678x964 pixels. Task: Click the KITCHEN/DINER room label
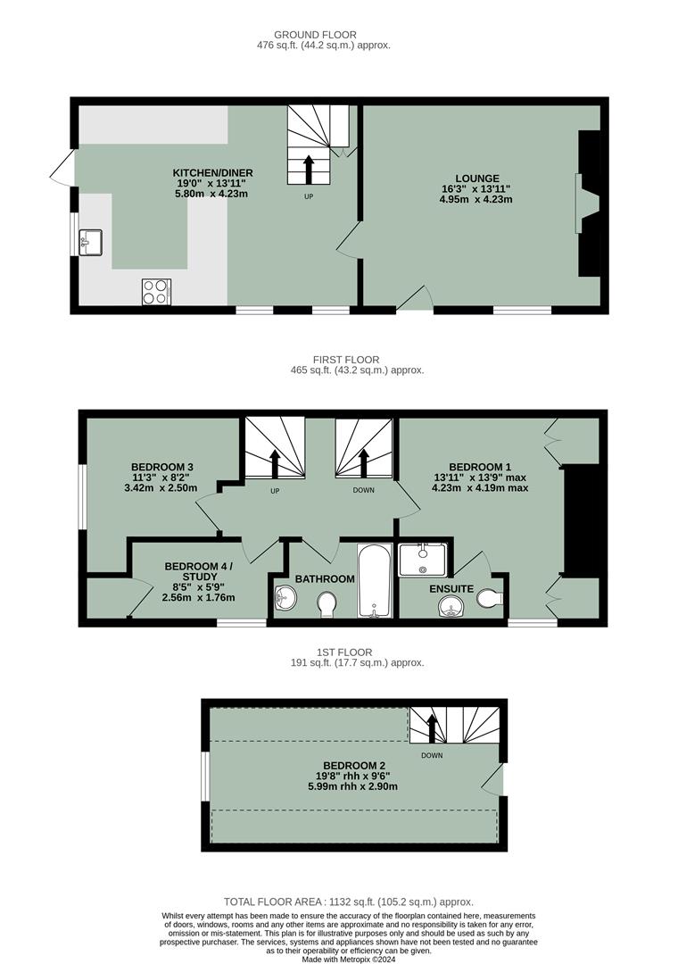click(x=213, y=172)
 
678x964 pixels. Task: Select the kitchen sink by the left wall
click(x=90, y=242)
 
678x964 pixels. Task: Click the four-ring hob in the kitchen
click(x=156, y=291)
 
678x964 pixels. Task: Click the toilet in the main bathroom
click(x=327, y=604)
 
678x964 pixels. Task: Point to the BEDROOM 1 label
click(x=480, y=467)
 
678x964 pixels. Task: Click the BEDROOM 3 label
click(x=162, y=467)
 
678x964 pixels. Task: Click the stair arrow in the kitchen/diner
click(x=309, y=170)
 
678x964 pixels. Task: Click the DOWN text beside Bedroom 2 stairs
click(x=432, y=755)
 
